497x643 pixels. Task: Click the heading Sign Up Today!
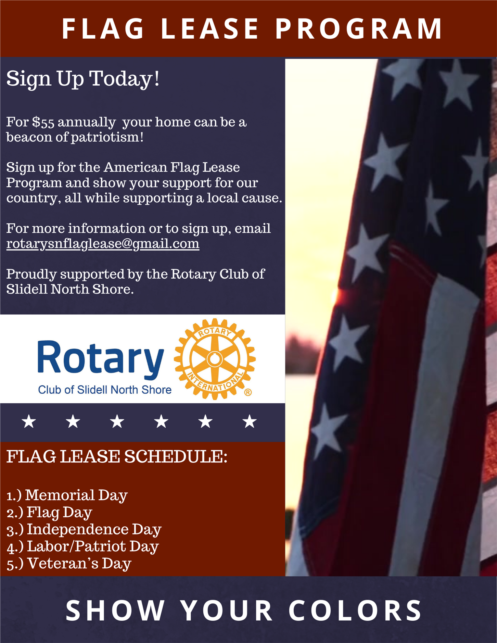83,79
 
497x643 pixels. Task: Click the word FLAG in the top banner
103,29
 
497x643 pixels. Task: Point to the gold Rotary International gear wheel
214,359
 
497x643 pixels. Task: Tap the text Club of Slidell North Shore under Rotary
105,390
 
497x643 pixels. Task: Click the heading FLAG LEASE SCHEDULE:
117,457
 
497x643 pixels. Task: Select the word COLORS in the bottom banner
355,610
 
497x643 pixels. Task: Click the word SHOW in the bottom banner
115,610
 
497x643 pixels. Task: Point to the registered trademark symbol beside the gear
248,392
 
